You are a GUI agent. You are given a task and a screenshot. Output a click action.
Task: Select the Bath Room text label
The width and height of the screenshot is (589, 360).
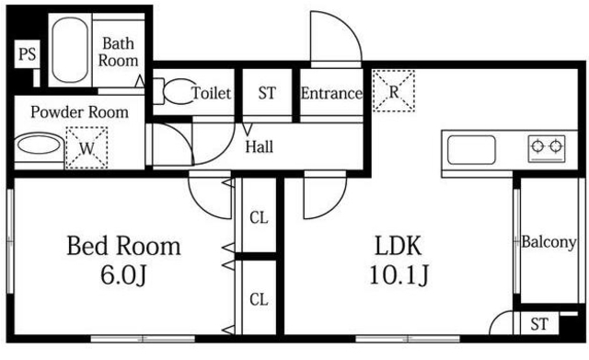pyautogui.click(x=120, y=52)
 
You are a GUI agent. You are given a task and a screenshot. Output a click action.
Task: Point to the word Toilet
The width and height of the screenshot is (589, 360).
pyautogui.click(x=212, y=93)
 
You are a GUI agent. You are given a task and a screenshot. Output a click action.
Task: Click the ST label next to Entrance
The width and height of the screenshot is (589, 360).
pyautogui.click(x=267, y=93)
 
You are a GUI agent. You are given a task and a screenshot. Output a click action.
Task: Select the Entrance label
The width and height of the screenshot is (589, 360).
pyautogui.click(x=331, y=93)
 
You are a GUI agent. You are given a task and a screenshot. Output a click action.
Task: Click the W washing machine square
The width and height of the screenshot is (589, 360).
pyautogui.click(x=87, y=147)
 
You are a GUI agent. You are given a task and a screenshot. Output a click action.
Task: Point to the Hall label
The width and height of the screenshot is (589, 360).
pyautogui.click(x=259, y=145)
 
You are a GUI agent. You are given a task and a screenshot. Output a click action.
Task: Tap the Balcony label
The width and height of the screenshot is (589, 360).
pyautogui.click(x=549, y=243)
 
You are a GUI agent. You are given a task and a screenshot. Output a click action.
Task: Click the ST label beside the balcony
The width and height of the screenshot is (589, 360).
pyautogui.click(x=539, y=324)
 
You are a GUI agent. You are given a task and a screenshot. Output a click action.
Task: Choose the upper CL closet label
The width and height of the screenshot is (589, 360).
pyautogui.click(x=259, y=218)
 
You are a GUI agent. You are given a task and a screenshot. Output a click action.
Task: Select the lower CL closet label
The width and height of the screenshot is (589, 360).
pyautogui.click(x=259, y=299)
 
